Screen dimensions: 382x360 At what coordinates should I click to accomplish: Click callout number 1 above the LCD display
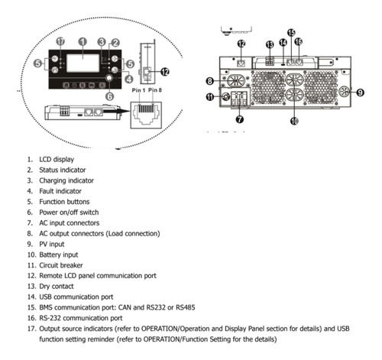tap(83, 41)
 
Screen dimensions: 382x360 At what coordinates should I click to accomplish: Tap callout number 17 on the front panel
tap(60, 41)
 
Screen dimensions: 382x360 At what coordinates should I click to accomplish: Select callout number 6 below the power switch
tap(109, 96)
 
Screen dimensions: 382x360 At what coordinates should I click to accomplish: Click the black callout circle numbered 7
tap(240, 119)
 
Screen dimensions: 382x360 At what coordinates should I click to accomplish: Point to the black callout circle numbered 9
tap(360, 92)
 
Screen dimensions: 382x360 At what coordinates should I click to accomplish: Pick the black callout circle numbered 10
tap(294, 121)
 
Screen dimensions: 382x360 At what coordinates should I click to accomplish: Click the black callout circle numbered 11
tap(210, 97)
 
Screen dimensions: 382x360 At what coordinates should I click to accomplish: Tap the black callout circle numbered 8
tap(209, 81)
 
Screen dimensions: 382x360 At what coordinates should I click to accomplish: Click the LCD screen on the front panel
tap(83, 63)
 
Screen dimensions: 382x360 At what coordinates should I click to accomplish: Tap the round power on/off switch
tap(109, 78)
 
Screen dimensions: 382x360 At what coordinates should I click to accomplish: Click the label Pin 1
tap(138, 90)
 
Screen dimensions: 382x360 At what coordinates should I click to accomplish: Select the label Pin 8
tap(155, 90)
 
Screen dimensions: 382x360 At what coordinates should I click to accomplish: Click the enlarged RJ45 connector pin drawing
tap(146, 115)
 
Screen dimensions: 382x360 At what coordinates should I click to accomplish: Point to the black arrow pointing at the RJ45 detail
tap(116, 111)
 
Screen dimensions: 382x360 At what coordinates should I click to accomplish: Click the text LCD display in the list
tap(57, 160)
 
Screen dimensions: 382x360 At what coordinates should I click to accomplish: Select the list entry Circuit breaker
tap(61, 265)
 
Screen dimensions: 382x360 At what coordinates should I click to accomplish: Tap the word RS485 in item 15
tap(186, 307)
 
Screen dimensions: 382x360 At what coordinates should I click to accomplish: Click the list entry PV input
tap(52, 244)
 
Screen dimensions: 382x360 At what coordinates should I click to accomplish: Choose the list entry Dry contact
tap(57, 287)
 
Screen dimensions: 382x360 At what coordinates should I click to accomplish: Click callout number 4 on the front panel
tap(129, 79)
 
